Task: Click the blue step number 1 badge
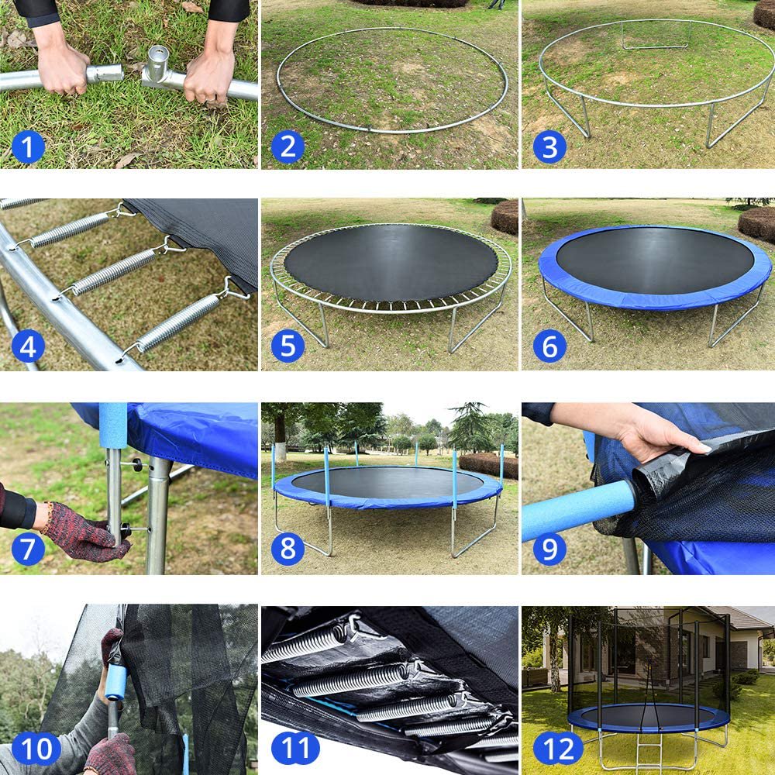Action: (28, 146)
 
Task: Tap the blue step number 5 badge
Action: (288, 347)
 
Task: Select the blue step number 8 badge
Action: (288, 549)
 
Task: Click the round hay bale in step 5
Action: (505, 217)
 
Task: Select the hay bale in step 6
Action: (756, 224)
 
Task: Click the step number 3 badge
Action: (549, 146)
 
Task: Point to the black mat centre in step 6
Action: (655, 260)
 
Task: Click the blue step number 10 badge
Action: (36, 749)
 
